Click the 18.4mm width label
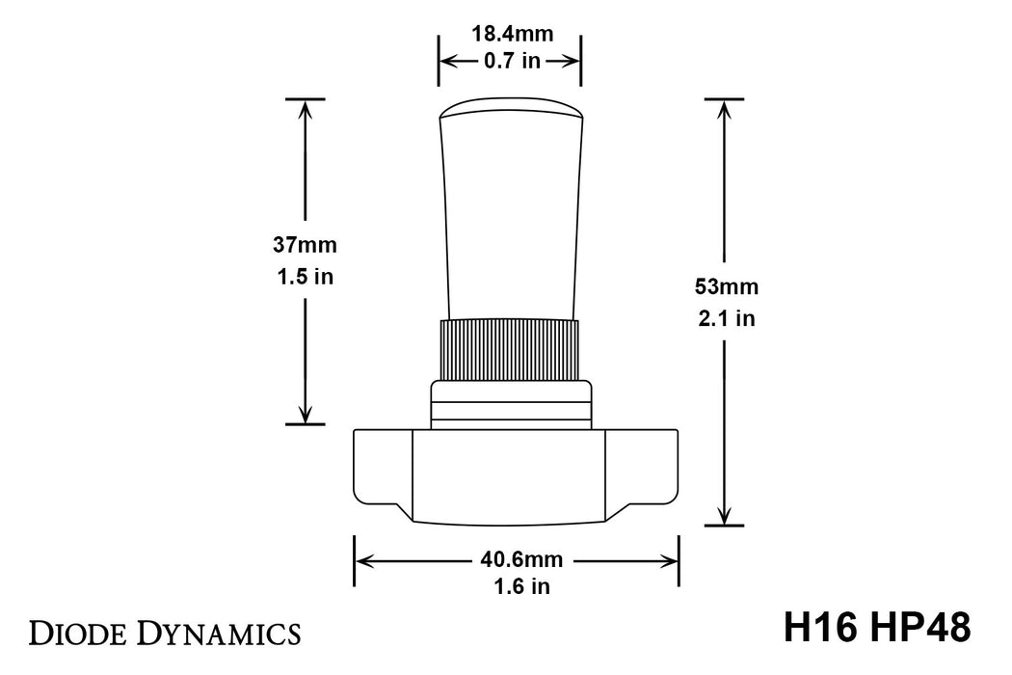tap(512, 35)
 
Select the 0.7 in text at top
tap(512, 61)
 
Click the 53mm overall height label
tap(726, 287)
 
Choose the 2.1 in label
tap(726, 319)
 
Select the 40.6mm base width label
tap(517, 559)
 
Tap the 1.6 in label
tap(517, 586)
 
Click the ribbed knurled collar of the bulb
tap(510, 349)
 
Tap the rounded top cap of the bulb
tap(511, 108)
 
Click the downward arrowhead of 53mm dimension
tap(725, 516)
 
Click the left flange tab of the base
tap(383, 468)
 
